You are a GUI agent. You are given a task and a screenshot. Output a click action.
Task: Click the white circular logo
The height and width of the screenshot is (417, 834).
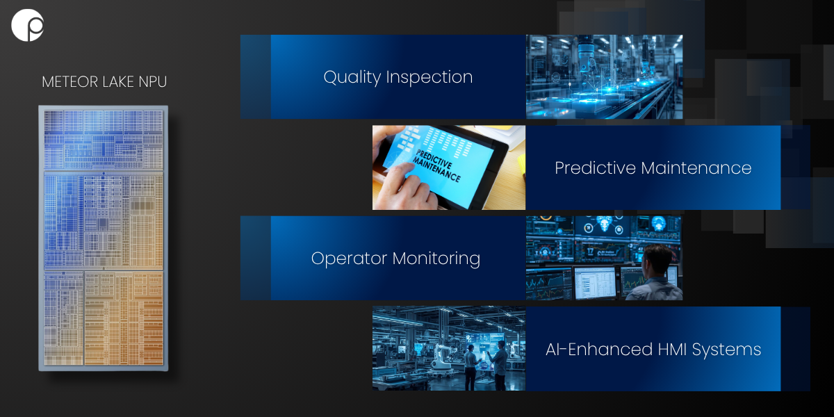tap(28, 25)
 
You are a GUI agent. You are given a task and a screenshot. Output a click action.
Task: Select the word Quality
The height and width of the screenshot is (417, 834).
tap(352, 78)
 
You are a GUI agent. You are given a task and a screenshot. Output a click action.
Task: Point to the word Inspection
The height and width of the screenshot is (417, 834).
tap(430, 78)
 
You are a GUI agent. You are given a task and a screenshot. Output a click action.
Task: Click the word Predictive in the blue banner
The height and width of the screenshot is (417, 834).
tap(596, 168)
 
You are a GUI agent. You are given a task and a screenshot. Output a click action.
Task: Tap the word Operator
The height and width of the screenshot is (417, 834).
tap(349, 259)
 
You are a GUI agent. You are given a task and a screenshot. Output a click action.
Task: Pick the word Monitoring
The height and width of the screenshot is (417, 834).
tap(436, 259)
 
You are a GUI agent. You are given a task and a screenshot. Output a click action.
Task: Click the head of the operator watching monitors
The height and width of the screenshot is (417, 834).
tap(658, 258)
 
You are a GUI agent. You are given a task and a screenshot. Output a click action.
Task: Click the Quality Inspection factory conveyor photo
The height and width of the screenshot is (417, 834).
tap(604, 76)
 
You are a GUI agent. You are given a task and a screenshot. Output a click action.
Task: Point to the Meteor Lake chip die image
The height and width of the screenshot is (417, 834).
tap(104, 238)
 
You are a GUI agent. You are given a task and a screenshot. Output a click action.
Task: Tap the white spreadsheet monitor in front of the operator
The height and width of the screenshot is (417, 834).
tap(595, 283)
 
